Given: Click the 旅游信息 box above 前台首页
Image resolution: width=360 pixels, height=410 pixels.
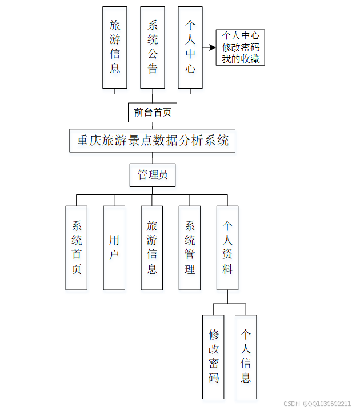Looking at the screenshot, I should coord(114,47).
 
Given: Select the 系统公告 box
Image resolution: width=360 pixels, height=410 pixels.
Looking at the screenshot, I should coord(153,47).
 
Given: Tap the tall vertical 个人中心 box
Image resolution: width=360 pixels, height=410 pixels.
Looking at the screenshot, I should coord(190,47).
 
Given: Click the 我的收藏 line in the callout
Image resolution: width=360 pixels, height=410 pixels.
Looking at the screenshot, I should coord(240,59).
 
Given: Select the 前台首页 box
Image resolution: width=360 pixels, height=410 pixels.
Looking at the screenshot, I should coord(152,112).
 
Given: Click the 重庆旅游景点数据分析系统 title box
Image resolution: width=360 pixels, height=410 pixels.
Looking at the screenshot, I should coord(153,140).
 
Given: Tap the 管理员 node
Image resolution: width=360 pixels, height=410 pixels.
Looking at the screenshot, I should coord(153,175).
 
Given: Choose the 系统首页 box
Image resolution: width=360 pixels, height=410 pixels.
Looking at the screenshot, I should coord(77,247).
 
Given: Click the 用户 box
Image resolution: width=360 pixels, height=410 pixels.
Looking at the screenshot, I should coord(114,247).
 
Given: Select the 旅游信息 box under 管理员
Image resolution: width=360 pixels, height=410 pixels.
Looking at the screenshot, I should coord(152,247).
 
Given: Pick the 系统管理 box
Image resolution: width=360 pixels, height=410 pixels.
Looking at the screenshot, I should coord(190,247).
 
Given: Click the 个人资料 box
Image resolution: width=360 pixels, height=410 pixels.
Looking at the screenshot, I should coord(227,247).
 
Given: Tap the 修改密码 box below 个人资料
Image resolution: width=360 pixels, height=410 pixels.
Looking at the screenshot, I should coord(214,356).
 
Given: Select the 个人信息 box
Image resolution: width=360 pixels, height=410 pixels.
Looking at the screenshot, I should coord(246,356).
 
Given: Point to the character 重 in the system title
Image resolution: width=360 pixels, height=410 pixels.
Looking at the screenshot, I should coord(82,140).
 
